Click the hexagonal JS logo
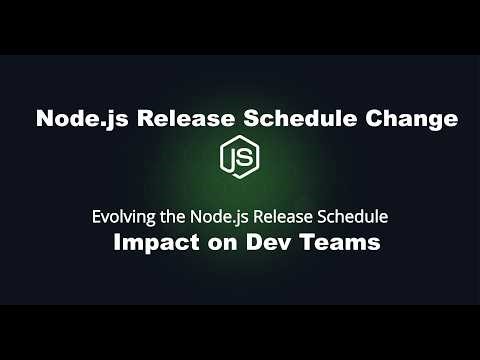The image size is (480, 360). (x=240, y=159)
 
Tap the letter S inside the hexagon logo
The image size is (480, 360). (x=245, y=159)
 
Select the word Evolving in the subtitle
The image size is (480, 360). (x=119, y=215)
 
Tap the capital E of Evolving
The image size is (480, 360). (x=95, y=215)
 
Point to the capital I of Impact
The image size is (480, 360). (x=117, y=243)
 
